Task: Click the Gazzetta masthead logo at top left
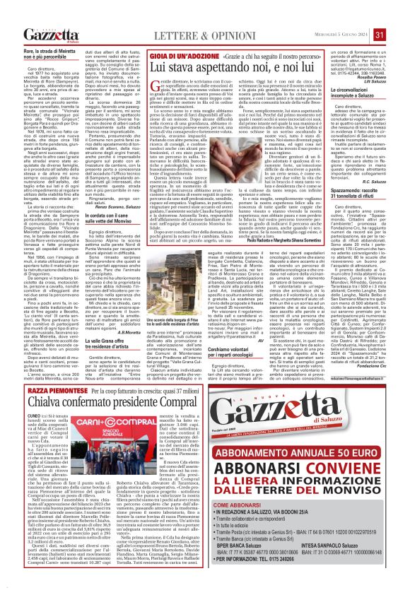pyautogui.click(x=51, y=35)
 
